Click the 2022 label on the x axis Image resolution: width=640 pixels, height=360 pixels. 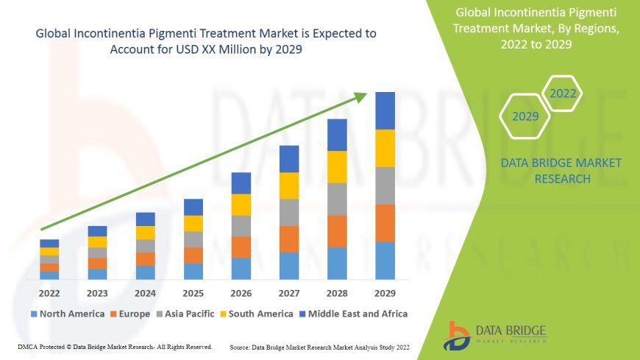[x=49, y=293]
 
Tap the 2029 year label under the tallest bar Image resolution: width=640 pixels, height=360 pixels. [x=385, y=293]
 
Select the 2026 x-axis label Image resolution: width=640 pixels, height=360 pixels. [x=241, y=293]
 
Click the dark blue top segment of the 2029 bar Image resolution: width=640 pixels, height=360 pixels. [x=385, y=110]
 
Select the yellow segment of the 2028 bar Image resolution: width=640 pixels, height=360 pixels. [x=337, y=166]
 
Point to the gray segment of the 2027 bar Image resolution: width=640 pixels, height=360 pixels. [x=289, y=212]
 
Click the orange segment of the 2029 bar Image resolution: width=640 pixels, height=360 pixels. [x=385, y=223]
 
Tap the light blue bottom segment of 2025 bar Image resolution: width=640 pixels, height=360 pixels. [x=193, y=271]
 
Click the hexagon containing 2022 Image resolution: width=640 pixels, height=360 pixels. [x=563, y=93]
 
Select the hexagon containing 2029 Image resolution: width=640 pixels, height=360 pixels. [x=525, y=116]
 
